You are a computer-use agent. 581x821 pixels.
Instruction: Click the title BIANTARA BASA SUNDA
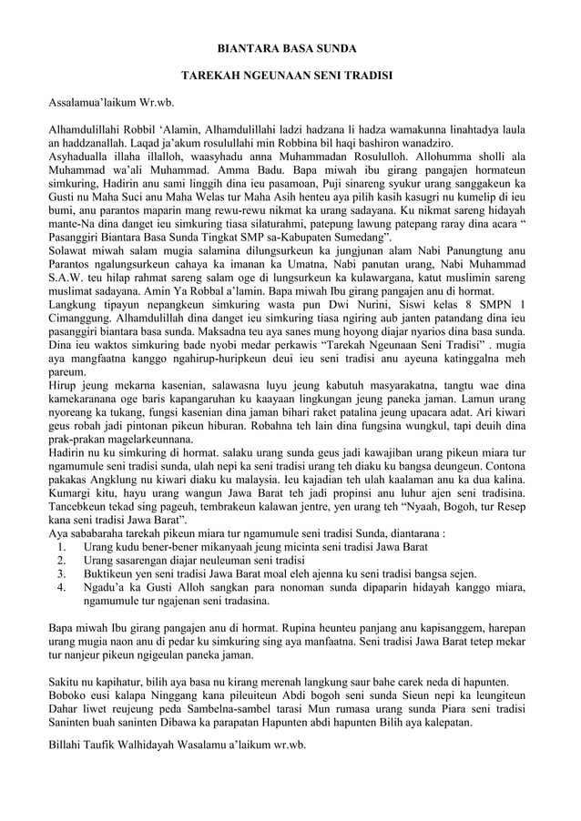pos(291,46)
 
